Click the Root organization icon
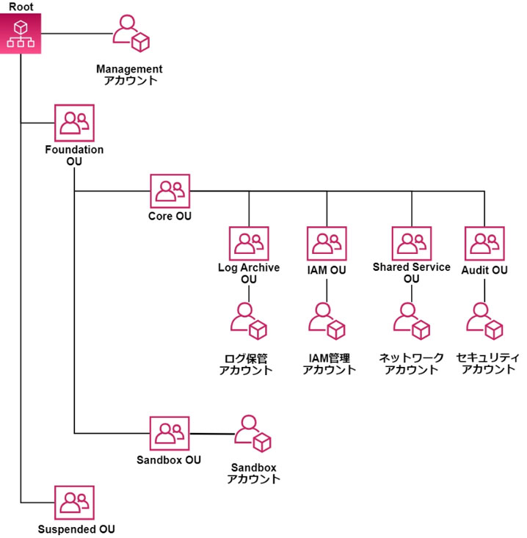[x=21, y=33]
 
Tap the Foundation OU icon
[x=75, y=123]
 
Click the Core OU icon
[x=170, y=192]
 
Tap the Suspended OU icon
[x=75, y=504]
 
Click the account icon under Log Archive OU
[x=249, y=321]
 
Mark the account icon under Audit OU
[x=484, y=321]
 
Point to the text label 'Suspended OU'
[x=76, y=528]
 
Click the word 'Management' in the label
[x=129, y=69]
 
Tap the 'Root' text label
[x=21, y=7]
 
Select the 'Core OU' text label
[x=170, y=217]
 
